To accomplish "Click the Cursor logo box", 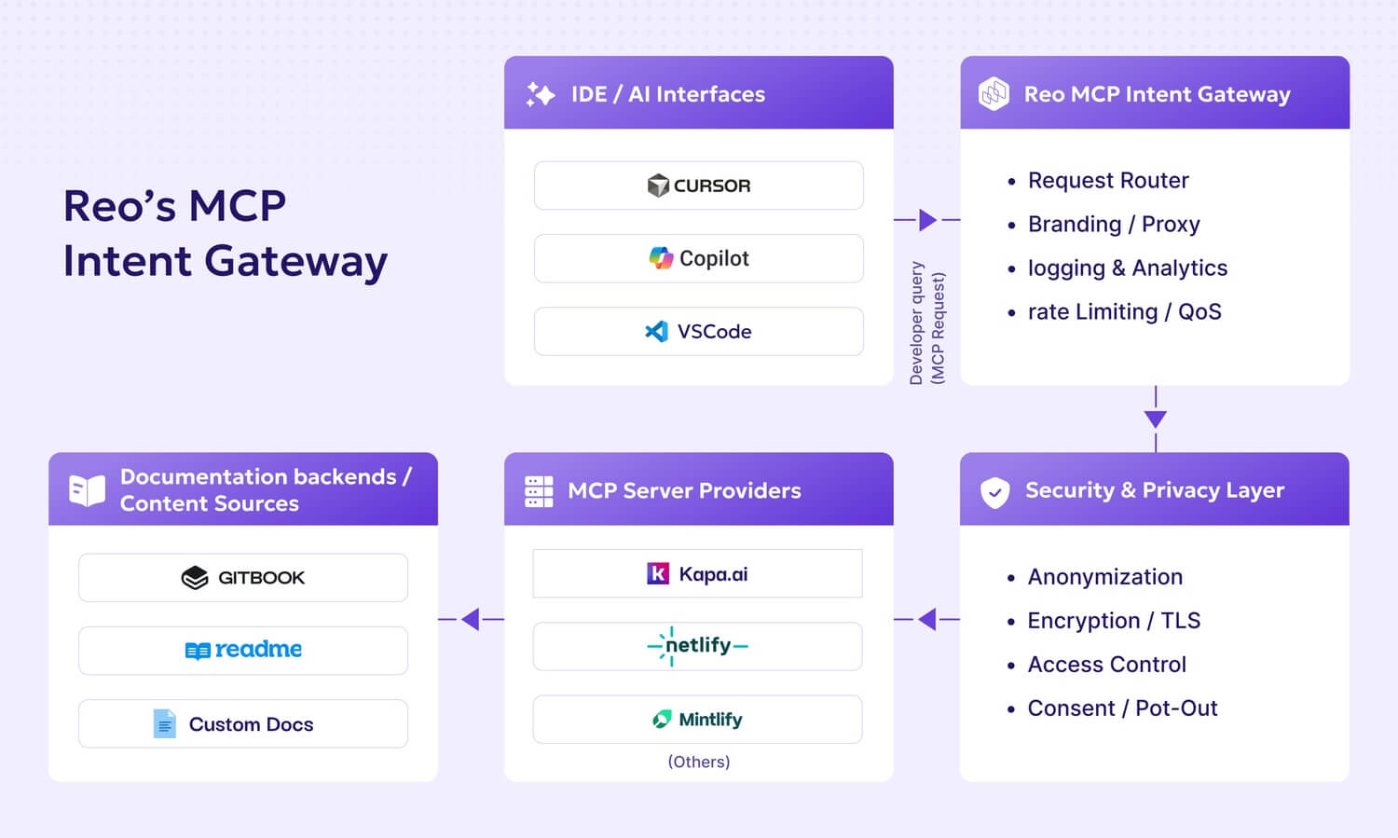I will click(x=698, y=185).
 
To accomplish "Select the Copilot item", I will click(x=698, y=258).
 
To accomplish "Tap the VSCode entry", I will click(x=698, y=331).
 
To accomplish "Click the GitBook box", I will click(x=242, y=578).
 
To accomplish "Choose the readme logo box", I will click(x=242, y=650).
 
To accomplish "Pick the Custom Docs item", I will click(x=242, y=724).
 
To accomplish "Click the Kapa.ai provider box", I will click(x=697, y=574).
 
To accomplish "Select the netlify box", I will click(x=697, y=646).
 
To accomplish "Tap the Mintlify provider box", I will click(x=697, y=720).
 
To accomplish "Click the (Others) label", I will click(x=698, y=762).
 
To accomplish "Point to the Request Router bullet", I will click(x=1107, y=180).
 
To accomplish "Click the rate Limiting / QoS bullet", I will click(x=1123, y=311).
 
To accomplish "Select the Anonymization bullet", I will click(x=1104, y=577).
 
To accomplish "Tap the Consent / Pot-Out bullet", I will click(x=1121, y=708).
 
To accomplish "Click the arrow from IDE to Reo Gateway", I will click(x=926, y=220).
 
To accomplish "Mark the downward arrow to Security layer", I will click(x=1156, y=419).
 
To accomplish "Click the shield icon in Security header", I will click(x=994, y=491).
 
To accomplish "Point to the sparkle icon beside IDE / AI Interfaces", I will click(x=541, y=94).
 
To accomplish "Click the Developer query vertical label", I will click(x=926, y=323).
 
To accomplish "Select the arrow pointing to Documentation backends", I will click(x=471, y=619).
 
